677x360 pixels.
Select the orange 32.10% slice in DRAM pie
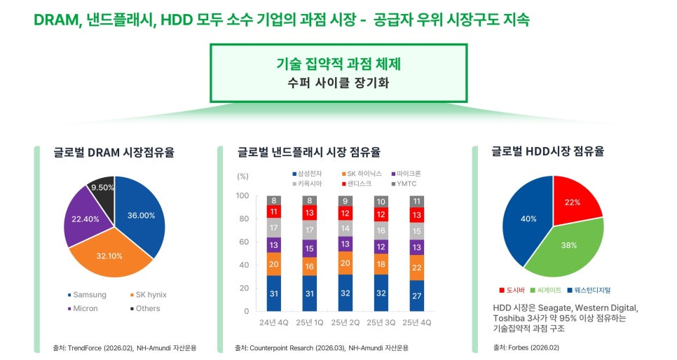pyautogui.click(x=109, y=256)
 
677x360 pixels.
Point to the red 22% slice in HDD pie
pyautogui.click(x=574, y=201)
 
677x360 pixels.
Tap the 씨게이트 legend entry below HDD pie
pyautogui.click(x=546, y=290)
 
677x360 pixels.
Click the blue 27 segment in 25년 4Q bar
pyautogui.click(x=417, y=296)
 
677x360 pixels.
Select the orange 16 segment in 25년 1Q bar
pyautogui.click(x=310, y=266)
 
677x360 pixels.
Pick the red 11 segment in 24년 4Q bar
pyautogui.click(x=274, y=212)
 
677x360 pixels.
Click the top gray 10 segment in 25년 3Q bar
pyautogui.click(x=381, y=202)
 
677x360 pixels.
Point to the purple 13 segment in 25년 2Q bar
pyautogui.click(x=345, y=244)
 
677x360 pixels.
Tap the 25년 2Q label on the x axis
pyautogui.click(x=345, y=322)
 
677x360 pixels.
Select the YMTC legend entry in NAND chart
pyautogui.click(x=404, y=184)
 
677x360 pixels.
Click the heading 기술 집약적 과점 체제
pyautogui.click(x=338, y=64)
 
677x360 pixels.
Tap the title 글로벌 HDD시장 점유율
pyautogui.click(x=547, y=151)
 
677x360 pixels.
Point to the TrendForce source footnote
pyautogui.click(x=124, y=347)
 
